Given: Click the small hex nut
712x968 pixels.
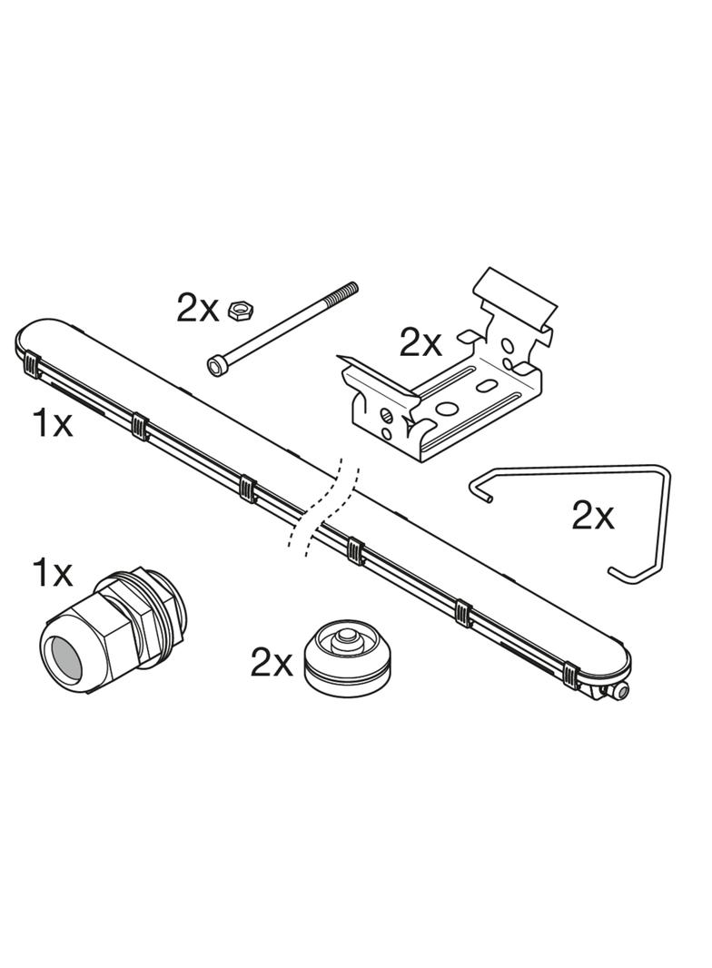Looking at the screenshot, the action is tap(239, 310).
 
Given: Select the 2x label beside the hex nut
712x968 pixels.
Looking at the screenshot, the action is tap(197, 310).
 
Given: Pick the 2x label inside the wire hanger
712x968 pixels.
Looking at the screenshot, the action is tap(593, 516).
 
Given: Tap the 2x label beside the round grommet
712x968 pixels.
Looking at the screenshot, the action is tap(272, 662).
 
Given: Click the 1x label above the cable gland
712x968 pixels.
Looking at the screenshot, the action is tap(53, 573).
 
